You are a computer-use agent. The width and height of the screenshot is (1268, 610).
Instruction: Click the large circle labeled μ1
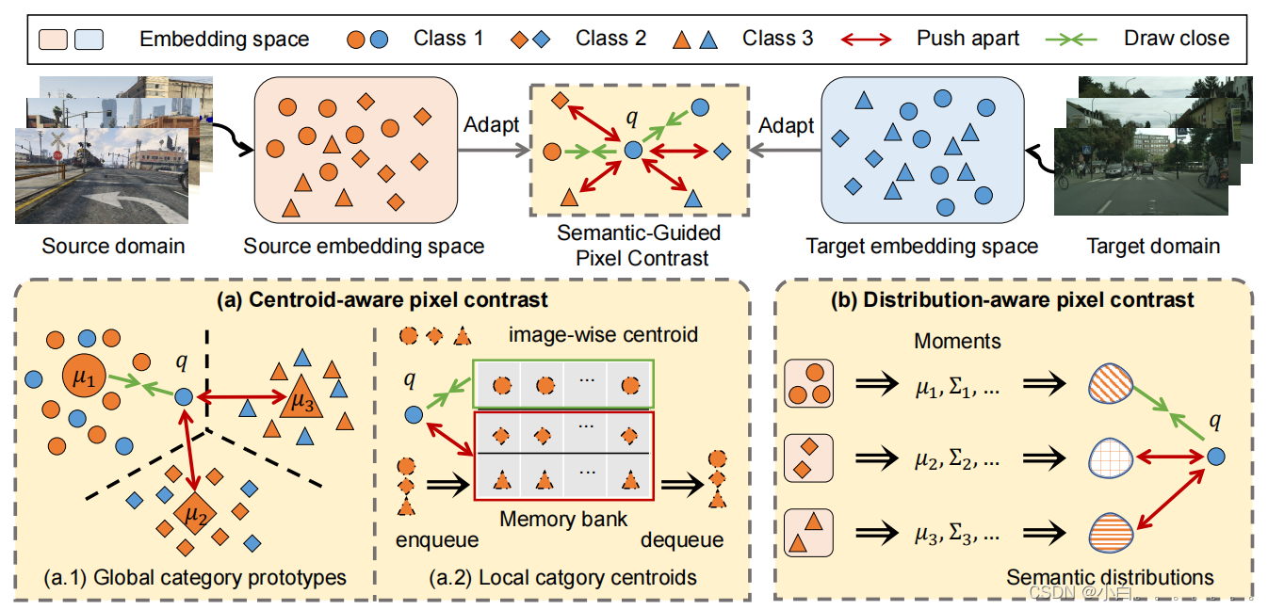pos(85,379)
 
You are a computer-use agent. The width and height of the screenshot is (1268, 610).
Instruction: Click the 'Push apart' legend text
pos(967,39)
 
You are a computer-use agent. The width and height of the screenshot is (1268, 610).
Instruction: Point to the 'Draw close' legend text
pos(1176,39)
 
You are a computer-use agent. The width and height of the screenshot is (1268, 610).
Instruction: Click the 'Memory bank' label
pos(562,519)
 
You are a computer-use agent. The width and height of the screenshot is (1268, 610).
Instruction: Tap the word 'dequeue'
pos(682,539)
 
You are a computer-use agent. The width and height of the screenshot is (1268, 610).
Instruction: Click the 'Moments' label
pos(957,341)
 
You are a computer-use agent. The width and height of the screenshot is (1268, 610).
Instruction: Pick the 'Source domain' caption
pos(113,247)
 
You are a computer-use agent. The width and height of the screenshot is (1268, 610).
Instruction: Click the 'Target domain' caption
pos(1152,247)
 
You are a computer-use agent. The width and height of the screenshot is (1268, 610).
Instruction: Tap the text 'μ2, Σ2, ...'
pos(957,459)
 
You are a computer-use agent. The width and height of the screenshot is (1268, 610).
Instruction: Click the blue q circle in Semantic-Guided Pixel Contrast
pos(633,150)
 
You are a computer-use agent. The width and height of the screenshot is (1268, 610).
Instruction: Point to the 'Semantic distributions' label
pos(1110,576)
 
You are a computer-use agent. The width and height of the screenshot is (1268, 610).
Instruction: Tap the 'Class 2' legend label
pos(610,39)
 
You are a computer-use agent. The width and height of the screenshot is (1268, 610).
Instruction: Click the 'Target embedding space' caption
pos(921,247)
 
